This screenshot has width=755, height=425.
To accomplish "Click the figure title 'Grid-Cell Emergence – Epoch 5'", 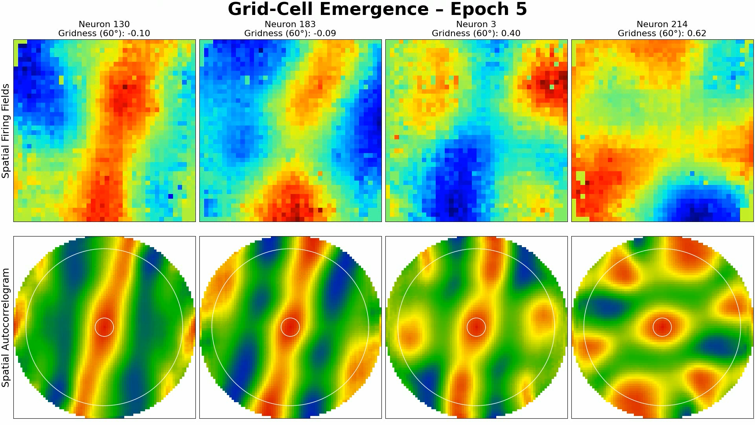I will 377,9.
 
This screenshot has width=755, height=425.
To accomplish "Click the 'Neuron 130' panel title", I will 104,24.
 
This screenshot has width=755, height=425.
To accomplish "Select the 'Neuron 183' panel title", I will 290,24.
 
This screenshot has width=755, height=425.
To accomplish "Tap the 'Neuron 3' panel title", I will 476,24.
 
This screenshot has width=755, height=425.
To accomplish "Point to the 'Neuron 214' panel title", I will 662,24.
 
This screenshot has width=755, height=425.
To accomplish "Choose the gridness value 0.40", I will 511,33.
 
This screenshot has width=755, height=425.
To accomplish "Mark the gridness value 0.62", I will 696,33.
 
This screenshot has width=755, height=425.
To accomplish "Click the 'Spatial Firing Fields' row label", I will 6,131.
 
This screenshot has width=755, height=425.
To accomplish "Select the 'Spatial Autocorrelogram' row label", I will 6,327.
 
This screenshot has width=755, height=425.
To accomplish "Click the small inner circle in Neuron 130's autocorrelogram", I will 104,327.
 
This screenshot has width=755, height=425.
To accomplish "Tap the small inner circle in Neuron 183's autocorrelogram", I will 290,327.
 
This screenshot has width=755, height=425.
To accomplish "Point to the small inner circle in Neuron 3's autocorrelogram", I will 476,327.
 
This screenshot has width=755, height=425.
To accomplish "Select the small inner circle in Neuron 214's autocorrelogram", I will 662,327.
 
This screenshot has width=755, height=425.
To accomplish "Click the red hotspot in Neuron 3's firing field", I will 549,83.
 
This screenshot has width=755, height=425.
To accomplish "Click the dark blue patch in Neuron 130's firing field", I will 29,79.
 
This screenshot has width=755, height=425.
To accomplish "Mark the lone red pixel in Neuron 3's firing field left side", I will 397,137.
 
